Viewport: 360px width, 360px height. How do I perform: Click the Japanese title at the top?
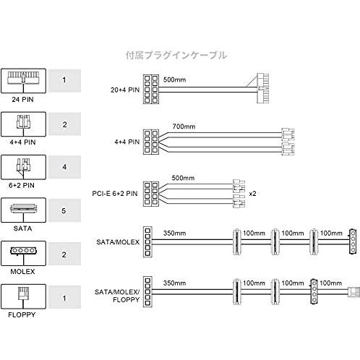176,55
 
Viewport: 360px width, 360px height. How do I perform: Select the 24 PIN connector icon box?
23,81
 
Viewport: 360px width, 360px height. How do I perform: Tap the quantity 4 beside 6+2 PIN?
64,167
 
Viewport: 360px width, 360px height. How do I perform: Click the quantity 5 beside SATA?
64,210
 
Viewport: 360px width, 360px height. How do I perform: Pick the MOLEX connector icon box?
23,254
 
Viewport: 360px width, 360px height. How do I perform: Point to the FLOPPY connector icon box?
23,296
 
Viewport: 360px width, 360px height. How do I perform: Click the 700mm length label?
184,127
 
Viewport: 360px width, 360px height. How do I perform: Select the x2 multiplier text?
252,194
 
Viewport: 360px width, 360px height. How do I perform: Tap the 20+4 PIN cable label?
125,90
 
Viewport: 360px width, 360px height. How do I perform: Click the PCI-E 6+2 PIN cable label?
115,194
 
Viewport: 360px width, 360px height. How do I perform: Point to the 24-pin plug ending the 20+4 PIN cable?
262,88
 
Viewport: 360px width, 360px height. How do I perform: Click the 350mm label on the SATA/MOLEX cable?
174,233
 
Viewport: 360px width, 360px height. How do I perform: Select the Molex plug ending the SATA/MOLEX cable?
353,241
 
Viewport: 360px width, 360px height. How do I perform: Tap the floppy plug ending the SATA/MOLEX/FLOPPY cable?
353,292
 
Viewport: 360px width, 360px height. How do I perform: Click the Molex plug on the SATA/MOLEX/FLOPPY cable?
314,292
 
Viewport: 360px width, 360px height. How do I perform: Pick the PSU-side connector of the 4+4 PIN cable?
151,142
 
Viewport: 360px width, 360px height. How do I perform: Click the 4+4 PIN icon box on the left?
23,124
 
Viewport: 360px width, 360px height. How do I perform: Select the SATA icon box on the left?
23,210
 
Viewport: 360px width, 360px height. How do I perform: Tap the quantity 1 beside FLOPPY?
64,298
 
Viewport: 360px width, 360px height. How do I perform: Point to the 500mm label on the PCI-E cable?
183,178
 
